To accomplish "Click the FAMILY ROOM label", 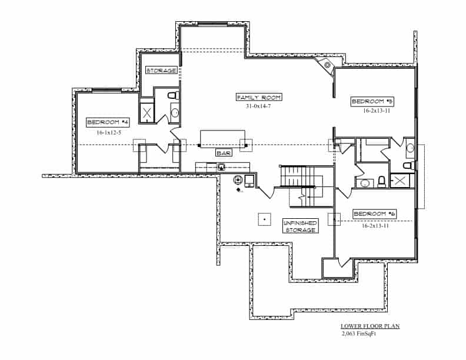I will coord(259,96).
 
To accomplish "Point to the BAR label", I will coord(224,153).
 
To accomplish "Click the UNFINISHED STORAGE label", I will coord(301,226).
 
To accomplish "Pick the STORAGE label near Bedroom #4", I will coord(161,71).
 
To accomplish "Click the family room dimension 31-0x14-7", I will coord(259,106).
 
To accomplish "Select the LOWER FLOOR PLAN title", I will coord(371,325).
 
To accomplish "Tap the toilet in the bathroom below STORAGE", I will coord(172,95).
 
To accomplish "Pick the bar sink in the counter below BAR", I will coord(222,167).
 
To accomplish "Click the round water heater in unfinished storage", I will coord(239,179).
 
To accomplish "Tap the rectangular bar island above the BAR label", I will coord(222,139).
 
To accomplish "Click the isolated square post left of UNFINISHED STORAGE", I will coord(264,219).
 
